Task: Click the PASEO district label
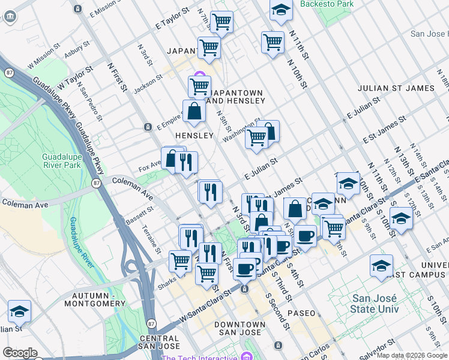(x=301, y=314)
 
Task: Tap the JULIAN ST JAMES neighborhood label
(x=396, y=88)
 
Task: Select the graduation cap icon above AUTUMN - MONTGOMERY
(x=19, y=311)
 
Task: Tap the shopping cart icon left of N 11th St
(x=273, y=43)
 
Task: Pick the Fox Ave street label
(x=149, y=163)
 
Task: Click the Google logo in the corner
(x=20, y=353)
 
